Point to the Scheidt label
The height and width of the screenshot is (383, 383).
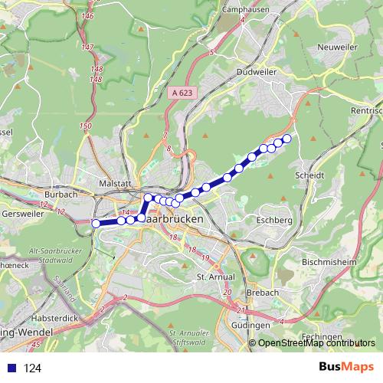[309, 175]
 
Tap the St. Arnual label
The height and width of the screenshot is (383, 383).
[214, 276]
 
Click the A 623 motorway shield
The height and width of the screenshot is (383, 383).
[178, 91]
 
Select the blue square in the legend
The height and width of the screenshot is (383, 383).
[11, 368]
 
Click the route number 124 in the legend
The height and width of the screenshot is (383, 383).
[33, 368]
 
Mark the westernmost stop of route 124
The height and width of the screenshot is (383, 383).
[96, 223]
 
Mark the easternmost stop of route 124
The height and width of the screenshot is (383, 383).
[287, 139]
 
